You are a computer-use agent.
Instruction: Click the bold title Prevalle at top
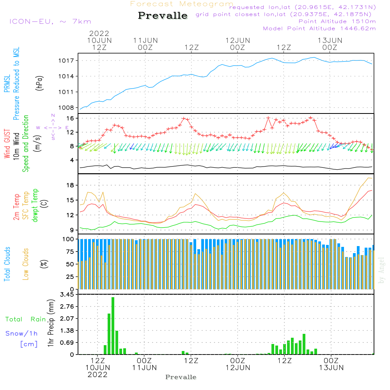163,16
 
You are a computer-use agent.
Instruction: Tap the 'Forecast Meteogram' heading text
182,4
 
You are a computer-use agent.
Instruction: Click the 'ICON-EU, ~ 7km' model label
50,21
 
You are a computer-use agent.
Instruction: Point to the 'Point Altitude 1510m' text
337,21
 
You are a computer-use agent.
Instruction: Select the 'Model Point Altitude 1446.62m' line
319,28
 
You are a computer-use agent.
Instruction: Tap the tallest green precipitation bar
113,326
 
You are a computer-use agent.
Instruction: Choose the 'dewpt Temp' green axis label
35,206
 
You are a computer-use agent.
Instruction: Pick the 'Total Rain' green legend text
26,319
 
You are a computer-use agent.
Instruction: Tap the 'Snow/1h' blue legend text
22,334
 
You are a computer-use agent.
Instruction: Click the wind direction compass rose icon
53,128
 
